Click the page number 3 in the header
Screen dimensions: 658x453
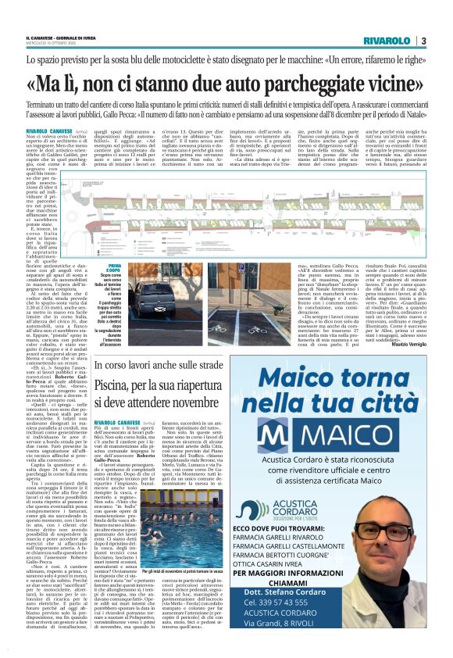423,41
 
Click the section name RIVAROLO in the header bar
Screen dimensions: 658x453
387,41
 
